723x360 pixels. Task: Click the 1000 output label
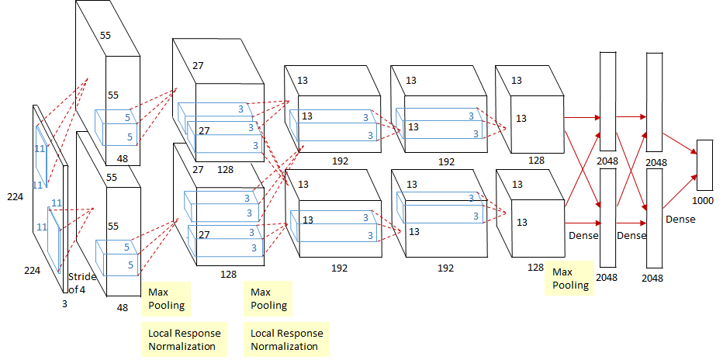[704, 199]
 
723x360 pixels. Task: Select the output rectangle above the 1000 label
[704, 164]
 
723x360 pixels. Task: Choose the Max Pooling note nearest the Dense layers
[570, 279]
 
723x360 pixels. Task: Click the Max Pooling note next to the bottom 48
[166, 299]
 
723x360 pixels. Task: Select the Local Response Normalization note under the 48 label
[184, 340]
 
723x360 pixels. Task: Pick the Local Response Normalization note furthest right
[286, 340]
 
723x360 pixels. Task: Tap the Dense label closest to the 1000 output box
[680, 220]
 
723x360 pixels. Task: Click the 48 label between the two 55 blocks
[123, 159]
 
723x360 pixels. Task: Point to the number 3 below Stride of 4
[64, 303]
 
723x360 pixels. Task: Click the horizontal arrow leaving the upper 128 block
[582, 118]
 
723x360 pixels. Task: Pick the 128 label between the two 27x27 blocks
[226, 168]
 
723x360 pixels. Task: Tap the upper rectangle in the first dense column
[607, 96]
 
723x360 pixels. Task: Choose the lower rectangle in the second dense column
[654, 209]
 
